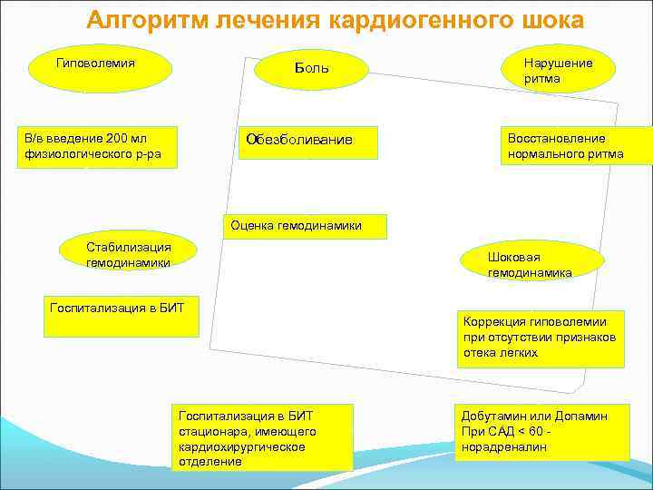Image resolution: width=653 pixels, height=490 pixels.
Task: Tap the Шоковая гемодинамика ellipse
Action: click(531, 264)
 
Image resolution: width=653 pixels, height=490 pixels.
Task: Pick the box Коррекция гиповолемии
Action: click(541, 338)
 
